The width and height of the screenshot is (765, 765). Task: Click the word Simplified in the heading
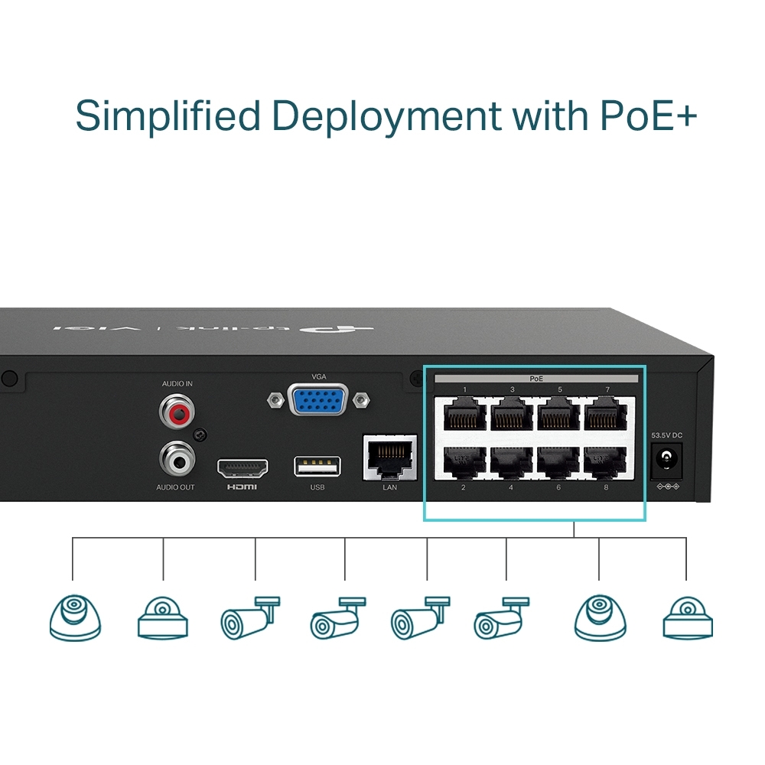(x=168, y=116)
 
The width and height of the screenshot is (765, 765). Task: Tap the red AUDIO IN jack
(x=177, y=414)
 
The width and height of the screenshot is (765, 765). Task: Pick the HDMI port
(x=243, y=467)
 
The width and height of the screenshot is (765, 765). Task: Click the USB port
(x=317, y=466)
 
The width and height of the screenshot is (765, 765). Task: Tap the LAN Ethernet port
(x=390, y=457)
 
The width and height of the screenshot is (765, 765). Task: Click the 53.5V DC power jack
(x=666, y=460)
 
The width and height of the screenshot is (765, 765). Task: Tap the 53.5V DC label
(x=666, y=435)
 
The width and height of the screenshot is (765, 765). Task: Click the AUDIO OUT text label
(x=176, y=487)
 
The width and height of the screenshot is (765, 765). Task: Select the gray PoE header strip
(x=535, y=379)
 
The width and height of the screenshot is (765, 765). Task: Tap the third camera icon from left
(x=249, y=618)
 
